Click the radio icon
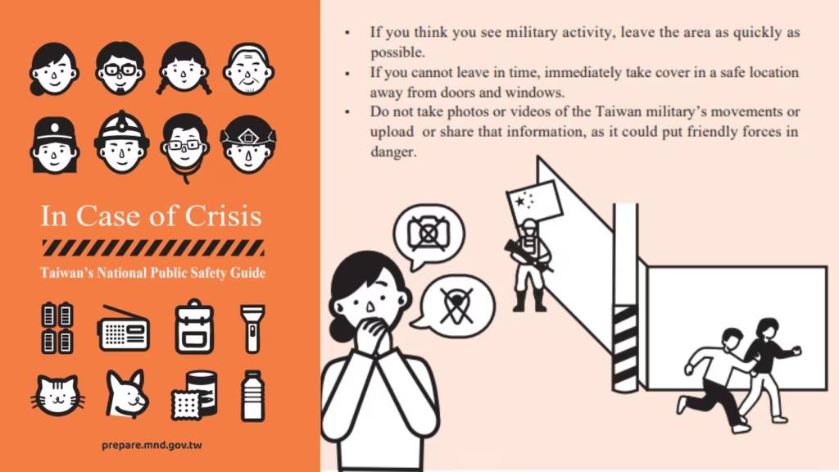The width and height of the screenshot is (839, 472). click(124, 329)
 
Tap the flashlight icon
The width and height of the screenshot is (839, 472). click(252, 328)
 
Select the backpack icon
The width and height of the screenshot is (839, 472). click(194, 327)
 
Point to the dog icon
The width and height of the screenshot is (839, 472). click(127, 394)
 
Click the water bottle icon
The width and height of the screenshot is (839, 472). click(252, 395)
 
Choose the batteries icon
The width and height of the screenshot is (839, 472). click(57, 328)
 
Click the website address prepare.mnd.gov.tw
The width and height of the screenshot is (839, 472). click(152, 445)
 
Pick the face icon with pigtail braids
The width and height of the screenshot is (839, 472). click(184, 69)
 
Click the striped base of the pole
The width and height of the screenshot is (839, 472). click(626, 348)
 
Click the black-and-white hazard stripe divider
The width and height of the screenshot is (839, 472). click(152, 247)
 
